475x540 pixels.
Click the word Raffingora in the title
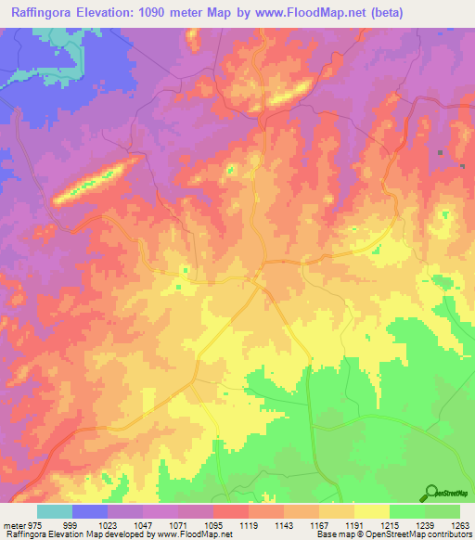[x=38, y=12]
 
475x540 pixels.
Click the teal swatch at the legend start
[x=55, y=511]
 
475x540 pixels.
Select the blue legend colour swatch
[x=90, y=511]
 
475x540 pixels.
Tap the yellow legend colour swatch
[x=371, y=511]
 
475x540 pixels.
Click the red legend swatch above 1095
[x=231, y=511]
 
